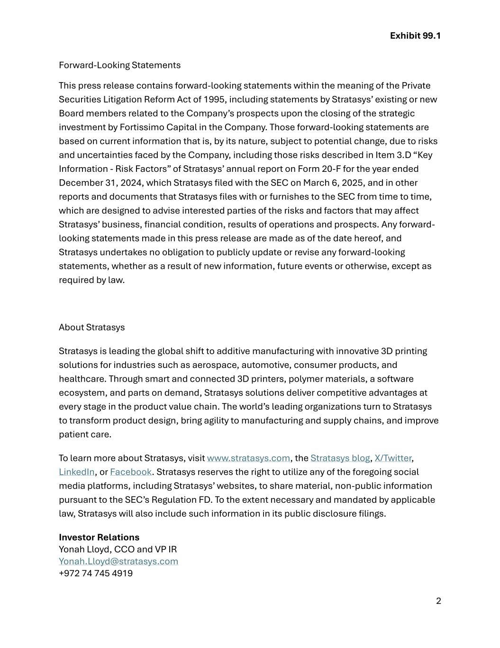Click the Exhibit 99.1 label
tap(415, 36)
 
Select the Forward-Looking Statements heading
tap(119, 65)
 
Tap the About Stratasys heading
tap(91, 327)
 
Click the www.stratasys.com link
tap(248, 458)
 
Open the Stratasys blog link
tap(340, 458)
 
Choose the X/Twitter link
tap(393, 458)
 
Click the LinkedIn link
tap(77, 472)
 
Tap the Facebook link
tap(131, 472)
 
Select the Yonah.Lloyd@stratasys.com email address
tap(118, 561)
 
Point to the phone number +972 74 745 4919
tap(96, 573)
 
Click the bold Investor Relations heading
tap(99, 537)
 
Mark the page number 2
tap(438, 601)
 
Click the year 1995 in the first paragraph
tap(215, 99)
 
